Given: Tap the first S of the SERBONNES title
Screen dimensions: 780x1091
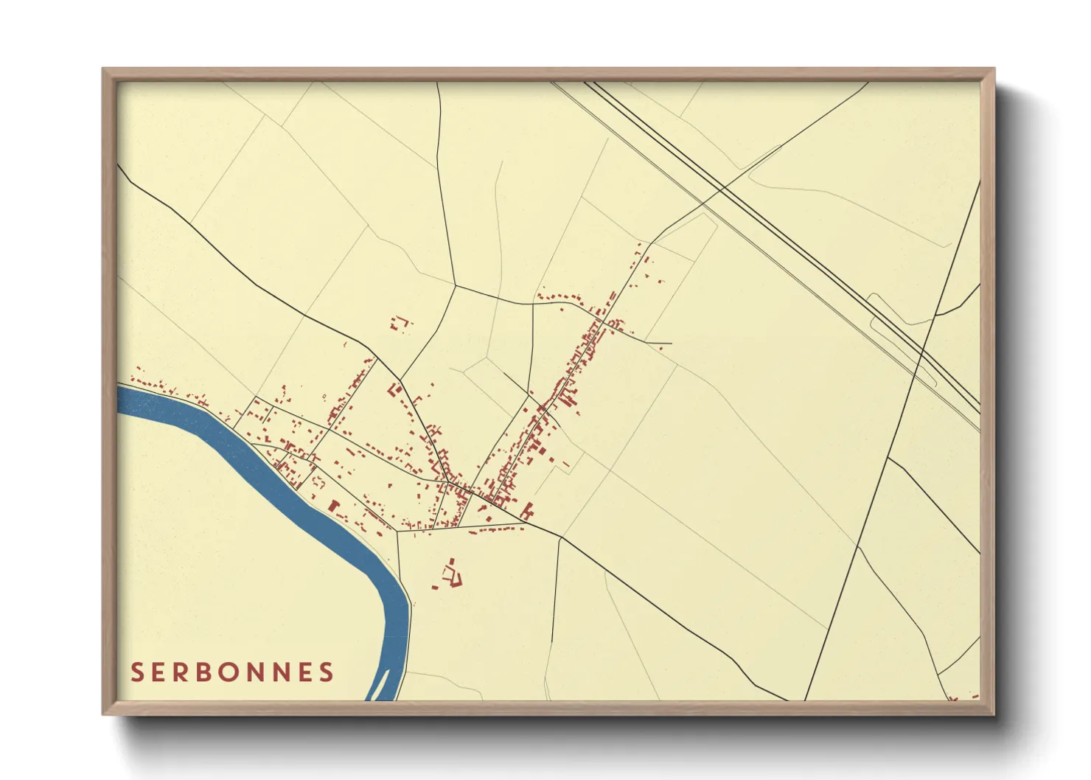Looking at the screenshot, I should (137, 672).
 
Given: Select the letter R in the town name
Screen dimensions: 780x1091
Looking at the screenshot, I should (175, 672).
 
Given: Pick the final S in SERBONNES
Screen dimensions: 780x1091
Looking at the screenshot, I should (326, 672).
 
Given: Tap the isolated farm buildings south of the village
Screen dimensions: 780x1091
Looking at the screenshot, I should (450, 574).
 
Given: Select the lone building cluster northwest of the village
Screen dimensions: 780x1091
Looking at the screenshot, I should (400, 323).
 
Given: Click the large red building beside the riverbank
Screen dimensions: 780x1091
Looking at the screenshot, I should (333, 506).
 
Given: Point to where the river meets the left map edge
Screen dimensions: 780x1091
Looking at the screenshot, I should (120, 399).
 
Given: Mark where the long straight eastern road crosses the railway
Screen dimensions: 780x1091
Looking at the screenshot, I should (921, 353).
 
